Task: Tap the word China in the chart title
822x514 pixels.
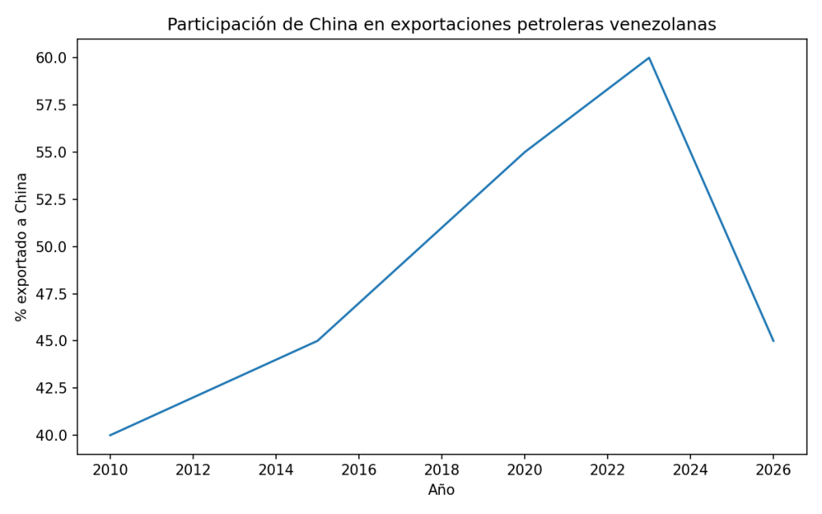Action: click(332, 25)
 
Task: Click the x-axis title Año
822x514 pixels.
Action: click(442, 489)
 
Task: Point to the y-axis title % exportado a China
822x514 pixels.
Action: click(22, 247)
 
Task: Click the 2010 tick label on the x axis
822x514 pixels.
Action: click(110, 469)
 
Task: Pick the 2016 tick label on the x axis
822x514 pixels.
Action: click(359, 469)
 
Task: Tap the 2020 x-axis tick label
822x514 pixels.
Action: click(524, 469)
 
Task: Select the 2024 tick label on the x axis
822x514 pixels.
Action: click(690, 469)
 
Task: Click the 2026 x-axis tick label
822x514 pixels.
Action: click(773, 469)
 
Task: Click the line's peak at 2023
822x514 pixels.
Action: click(649, 58)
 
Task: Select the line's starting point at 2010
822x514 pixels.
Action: click(110, 435)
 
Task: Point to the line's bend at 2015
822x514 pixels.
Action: click(317, 341)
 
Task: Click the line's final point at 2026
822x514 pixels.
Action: click(773, 341)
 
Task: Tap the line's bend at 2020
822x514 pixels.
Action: click(524, 152)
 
